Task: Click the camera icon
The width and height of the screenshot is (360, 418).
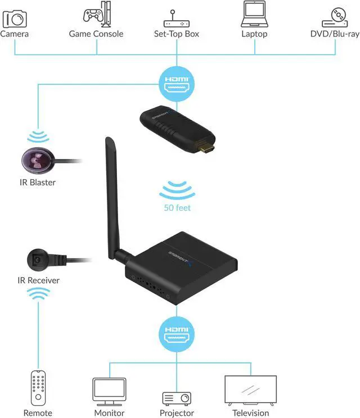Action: click(15, 19)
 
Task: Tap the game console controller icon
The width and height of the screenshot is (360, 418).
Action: click(97, 16)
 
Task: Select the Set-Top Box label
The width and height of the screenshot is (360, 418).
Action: click(177, 34)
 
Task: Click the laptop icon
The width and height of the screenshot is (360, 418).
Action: click(254, 15)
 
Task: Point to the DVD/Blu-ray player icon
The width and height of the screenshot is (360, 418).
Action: click(335, 16)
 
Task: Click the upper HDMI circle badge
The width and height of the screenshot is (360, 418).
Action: click(177, 83)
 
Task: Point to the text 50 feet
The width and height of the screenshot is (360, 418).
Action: click(177, 208)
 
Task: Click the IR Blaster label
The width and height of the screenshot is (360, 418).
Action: click(37, 183)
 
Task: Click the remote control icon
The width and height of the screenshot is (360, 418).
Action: click(38, 388)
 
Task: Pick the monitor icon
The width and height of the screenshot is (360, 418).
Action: click(109, 390)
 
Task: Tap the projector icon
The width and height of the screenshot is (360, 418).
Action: click(177, 398)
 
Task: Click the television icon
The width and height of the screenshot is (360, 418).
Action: click(250, 389)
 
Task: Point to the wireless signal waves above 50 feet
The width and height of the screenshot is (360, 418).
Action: click(177, 190)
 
